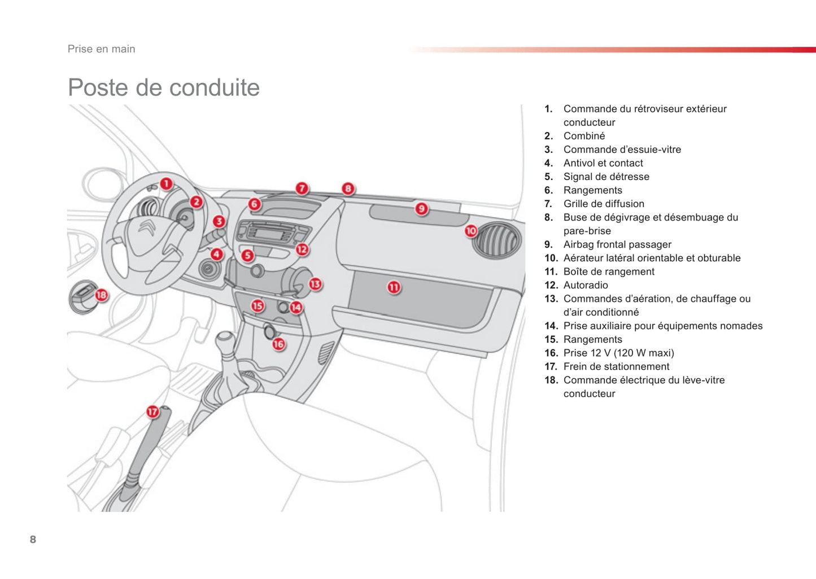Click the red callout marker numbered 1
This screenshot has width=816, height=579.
(166, 183)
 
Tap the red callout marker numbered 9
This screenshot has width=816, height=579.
(421, 209)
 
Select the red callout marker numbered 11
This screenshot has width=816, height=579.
(394, 287)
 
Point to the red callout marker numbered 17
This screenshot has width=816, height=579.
(152, 411)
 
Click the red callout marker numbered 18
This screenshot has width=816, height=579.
(101, 295)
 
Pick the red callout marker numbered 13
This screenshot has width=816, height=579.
(315, 284)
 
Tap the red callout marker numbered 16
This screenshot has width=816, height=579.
(278, 344)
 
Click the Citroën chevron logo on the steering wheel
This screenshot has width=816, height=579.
(147, 227)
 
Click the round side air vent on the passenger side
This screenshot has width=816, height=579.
(497, 240)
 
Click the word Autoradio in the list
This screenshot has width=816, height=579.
(586, 285)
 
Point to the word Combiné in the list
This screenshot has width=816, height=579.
(584, 136)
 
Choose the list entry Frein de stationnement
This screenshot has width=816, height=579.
(616, 366)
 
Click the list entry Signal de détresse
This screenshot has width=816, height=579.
(606, 177)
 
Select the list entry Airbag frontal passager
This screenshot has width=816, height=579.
(617, 244)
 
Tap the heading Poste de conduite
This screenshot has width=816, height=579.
(164, 87)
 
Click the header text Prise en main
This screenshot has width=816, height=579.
(102, 49)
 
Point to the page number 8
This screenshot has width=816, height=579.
(33, 539)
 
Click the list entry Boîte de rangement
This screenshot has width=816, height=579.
(609, 271)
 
